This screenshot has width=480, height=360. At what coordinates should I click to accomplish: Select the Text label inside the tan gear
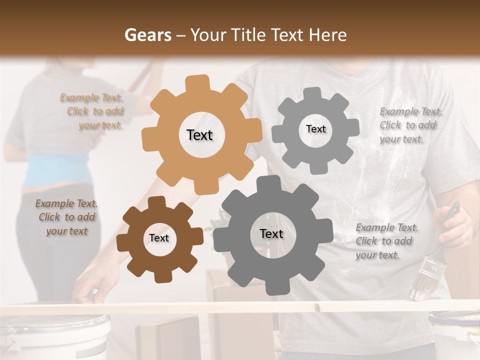point(199,135)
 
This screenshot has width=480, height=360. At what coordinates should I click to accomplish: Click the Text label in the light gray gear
point(315,129)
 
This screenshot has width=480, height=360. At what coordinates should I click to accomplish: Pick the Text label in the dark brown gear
point(159,238)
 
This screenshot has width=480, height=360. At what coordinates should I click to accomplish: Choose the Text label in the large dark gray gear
point(271,233)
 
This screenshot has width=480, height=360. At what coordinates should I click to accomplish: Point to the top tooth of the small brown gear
point(156,202)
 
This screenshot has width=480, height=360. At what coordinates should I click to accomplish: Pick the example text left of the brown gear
point(66,217)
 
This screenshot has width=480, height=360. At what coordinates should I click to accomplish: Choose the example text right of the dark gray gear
point(386,241)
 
